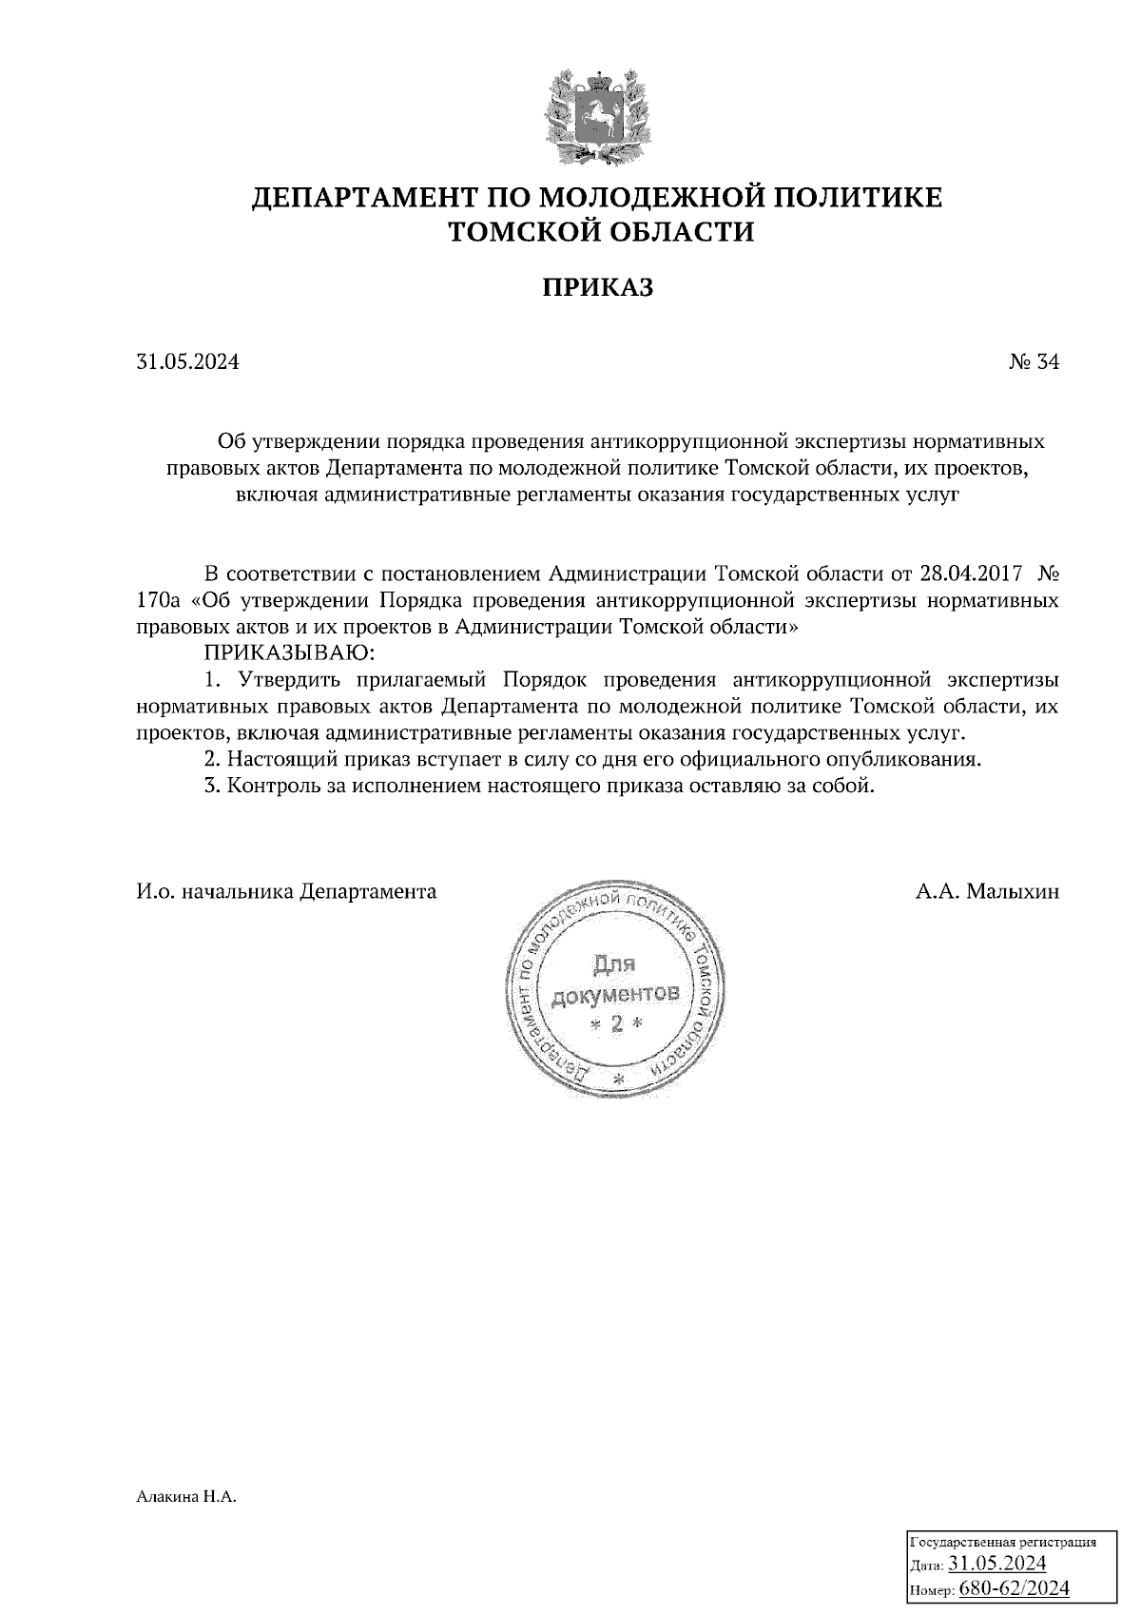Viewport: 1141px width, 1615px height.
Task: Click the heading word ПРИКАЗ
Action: (598, 287)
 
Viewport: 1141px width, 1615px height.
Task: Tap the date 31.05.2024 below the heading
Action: (187, 362)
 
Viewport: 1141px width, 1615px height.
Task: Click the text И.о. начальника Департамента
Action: (286, 892)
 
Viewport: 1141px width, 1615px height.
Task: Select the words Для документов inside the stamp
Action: (613, 981)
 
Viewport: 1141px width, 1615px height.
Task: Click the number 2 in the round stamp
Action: (615, 1023)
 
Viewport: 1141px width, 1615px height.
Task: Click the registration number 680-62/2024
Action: (1015, 1588)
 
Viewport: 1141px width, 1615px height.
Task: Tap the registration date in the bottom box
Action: (997, 1564)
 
